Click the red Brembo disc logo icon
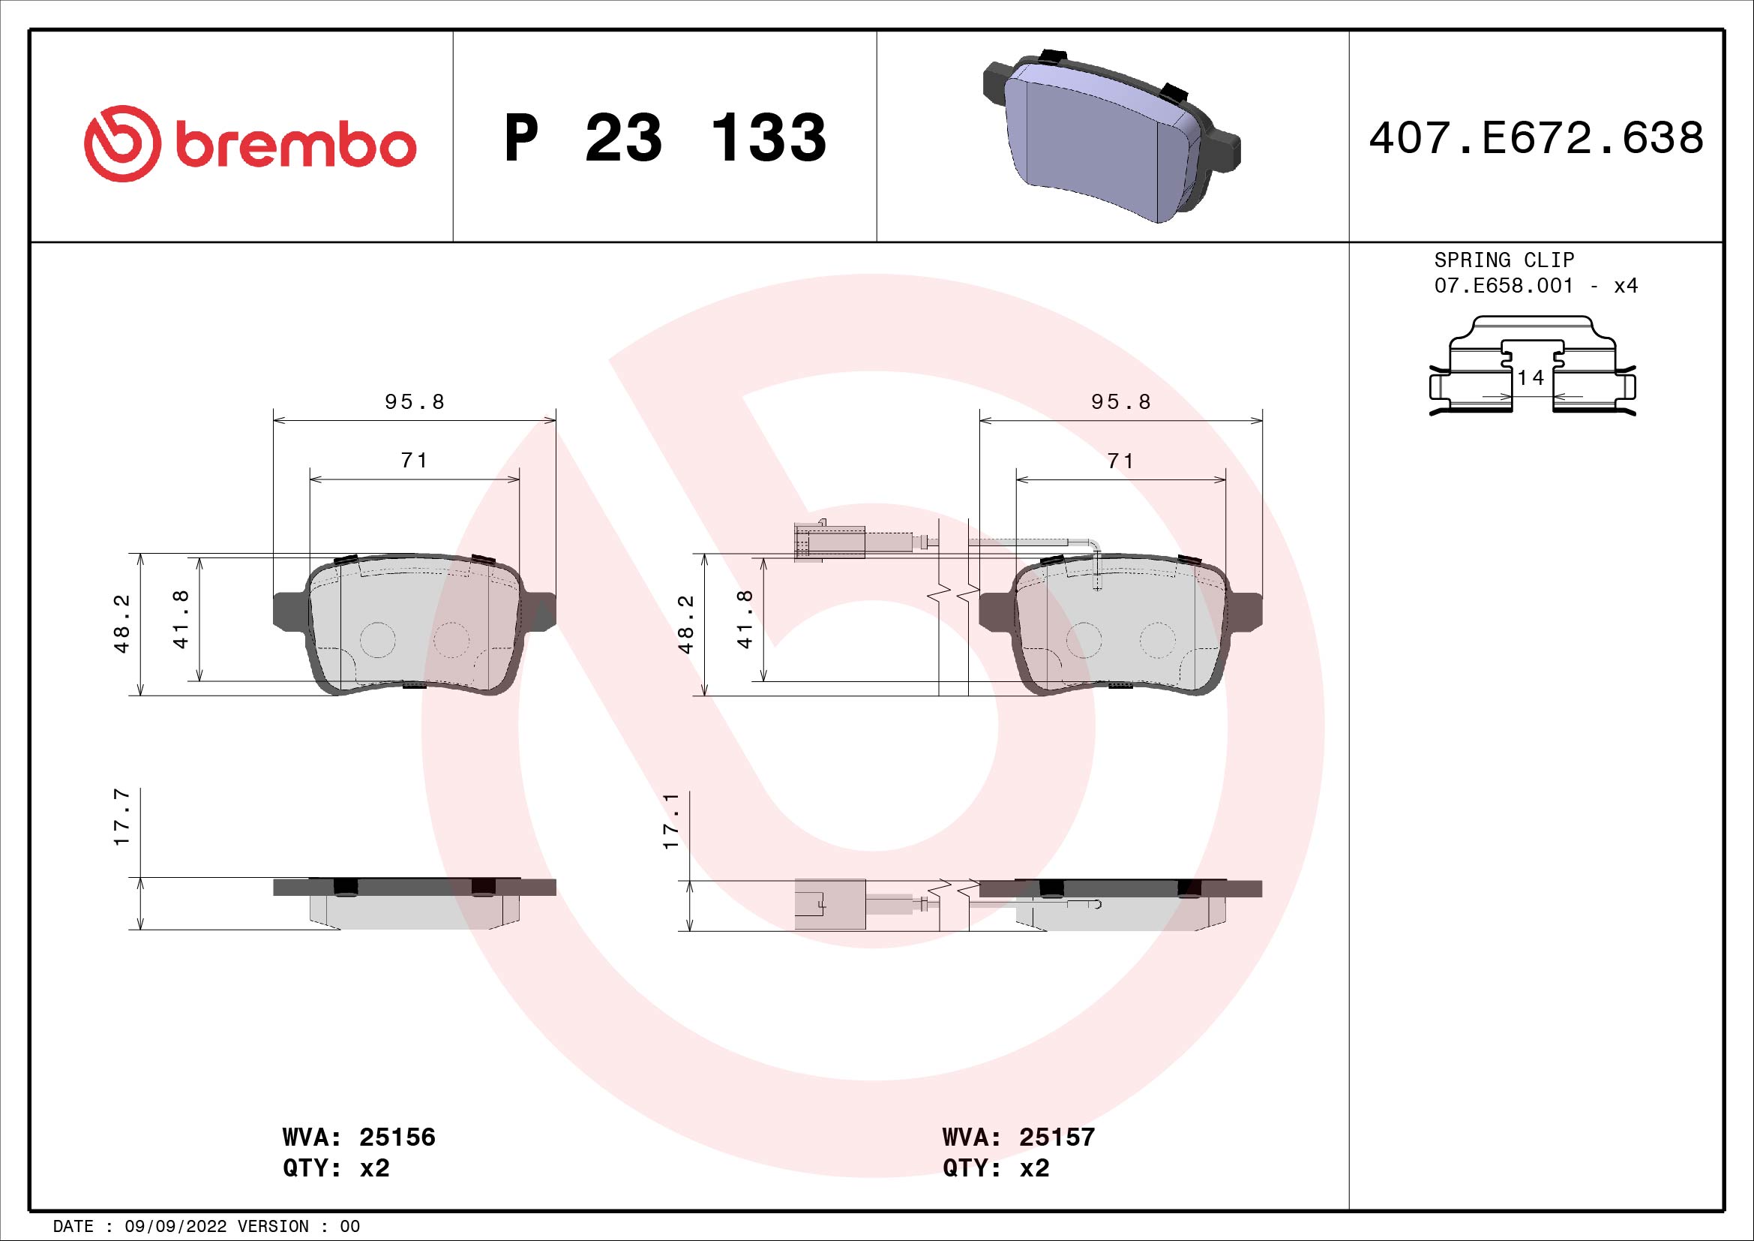coord(122,143)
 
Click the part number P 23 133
coord(664,138)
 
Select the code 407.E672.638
coord(1536,138)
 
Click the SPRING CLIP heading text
coord(1504,260)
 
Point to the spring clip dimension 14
coord(1531,377)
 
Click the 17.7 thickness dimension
coord(122,818)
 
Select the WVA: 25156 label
coord(358,1137)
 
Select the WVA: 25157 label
coord(1018,1137)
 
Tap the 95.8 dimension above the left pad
coord(414,402)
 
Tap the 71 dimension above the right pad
coord(1120,461)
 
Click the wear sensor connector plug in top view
coord(829,542)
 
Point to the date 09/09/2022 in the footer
coord(175,1227)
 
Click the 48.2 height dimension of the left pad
coord(122,624)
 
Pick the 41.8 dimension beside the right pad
coord(745,620)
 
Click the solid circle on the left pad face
coord(377,639)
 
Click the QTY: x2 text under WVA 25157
coord(995,1168)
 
